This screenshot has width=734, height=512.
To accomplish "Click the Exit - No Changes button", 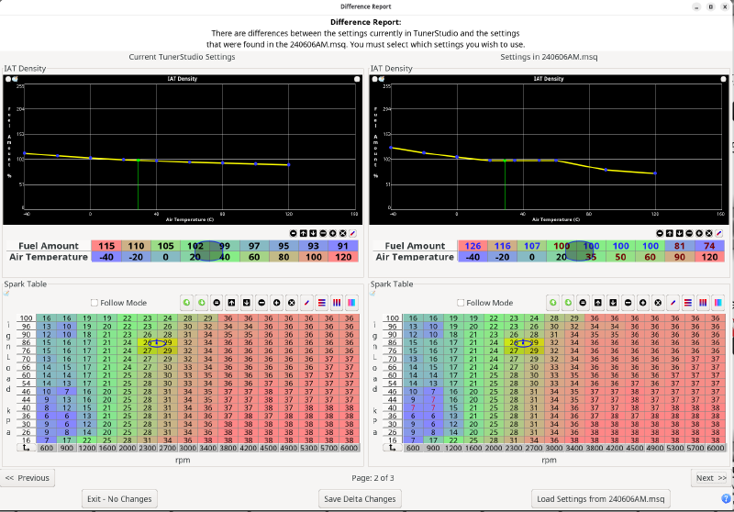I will pyautogui.click(x=119, y=498).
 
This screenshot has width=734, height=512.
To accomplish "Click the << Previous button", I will pyautogui.click(x=28, y=478).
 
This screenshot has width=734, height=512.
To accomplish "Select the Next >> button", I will pyautogui.click(x=711, y=478).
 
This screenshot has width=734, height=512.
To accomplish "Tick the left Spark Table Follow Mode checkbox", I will pyautogui.click(x=95, y=303).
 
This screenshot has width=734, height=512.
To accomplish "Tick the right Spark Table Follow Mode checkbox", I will pyautogui.click(x=462, y=303).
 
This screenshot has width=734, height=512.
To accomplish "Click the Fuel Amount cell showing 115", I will pyautogui.click(x=106, y=246).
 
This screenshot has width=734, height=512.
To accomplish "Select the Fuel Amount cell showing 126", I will pyautogui.click(x=474, y=246).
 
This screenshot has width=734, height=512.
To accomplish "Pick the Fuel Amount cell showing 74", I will pyautogui.click(x=710, y=246).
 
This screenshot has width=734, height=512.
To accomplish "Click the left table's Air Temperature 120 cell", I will pyautogui.click(x=343, y=257).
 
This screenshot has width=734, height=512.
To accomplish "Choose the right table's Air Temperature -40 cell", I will pyautogui.click(x=474, y=257).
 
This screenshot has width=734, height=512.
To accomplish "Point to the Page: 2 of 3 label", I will pyautogui.click(x=366, y=478).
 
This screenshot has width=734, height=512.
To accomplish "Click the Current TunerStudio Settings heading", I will pyautogui.click(x=183, y=57).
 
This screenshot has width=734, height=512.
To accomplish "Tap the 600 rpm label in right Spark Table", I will pyautogui.click(x=413, y=449).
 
